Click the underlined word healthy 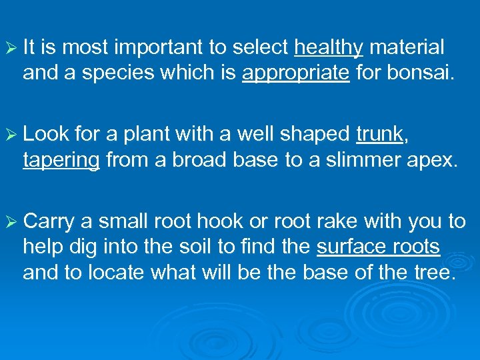tap(328, 47)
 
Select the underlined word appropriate tap(295, 73)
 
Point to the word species tap(113, 73)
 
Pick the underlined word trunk tap(379, 135)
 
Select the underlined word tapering tap(61, 160)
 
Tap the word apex tap(435, 160)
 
